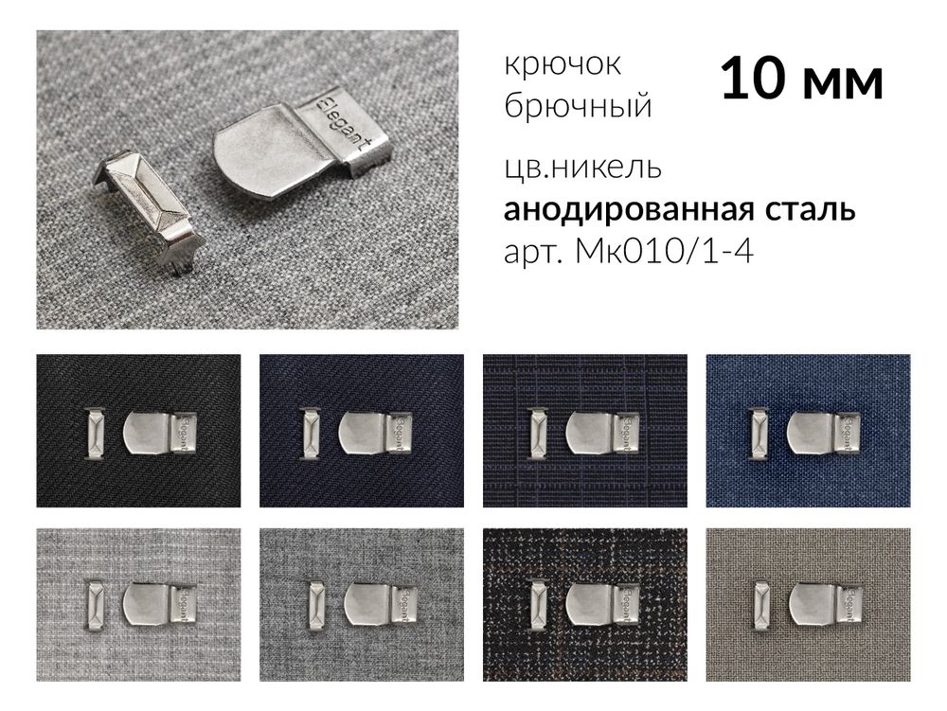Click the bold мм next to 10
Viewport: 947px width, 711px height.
pos(843,81)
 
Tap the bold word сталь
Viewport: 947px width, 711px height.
pos(810,209)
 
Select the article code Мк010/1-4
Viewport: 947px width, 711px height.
pos(664,253)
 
